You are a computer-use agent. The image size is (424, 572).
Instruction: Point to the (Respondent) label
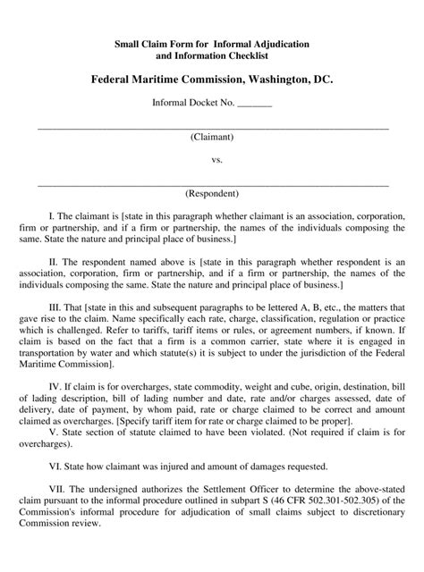pos(212,193)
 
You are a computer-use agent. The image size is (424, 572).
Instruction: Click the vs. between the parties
pos(212,161)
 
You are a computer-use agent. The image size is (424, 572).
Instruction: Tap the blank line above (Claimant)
pos(212,127)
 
